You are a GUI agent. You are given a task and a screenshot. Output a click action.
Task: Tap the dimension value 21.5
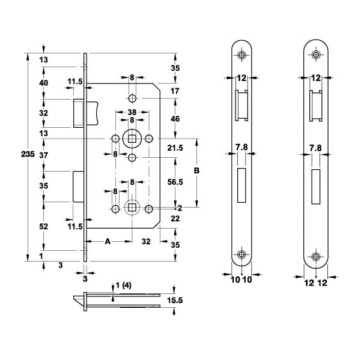coord(176,148)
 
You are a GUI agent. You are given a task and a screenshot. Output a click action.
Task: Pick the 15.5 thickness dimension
coord(175,300)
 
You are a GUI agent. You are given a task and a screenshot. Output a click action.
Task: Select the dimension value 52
coord(43,226)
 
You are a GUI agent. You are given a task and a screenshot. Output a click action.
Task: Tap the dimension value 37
coord(43,155)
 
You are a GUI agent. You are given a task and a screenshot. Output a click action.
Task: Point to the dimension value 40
coord(43,83)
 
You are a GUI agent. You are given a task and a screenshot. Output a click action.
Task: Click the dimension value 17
coord(175,91)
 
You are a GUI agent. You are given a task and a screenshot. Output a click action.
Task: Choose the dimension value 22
coord(175,220)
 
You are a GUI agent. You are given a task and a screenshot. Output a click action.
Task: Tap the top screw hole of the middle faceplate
coord(241,55)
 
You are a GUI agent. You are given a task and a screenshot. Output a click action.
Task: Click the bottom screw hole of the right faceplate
coord(315,255)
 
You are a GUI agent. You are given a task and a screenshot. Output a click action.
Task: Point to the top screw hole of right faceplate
coord(315,55)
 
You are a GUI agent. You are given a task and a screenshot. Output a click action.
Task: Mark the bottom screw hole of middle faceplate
coord(241,255)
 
